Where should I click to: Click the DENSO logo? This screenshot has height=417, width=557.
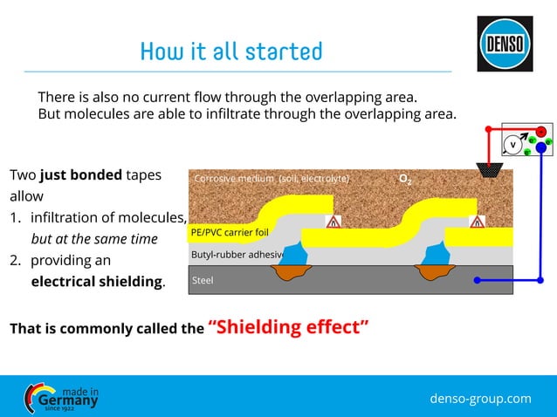505,44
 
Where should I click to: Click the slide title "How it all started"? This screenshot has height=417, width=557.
231,51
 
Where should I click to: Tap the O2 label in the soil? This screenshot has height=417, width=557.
405,179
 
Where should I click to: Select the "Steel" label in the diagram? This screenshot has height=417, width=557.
203,281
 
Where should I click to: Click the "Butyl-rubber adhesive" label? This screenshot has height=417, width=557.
237,255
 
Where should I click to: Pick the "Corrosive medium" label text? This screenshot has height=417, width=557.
272,179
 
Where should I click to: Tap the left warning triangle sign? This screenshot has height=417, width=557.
333,222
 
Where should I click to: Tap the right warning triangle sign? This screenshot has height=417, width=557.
477,222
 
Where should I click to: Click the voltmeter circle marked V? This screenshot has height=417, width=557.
513,144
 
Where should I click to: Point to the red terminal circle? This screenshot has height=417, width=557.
541,132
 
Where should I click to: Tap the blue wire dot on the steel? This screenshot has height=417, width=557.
477,281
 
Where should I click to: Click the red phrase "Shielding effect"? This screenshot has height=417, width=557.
288,327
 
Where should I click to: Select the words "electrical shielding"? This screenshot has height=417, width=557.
97,282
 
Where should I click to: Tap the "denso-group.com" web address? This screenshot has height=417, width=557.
480,398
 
